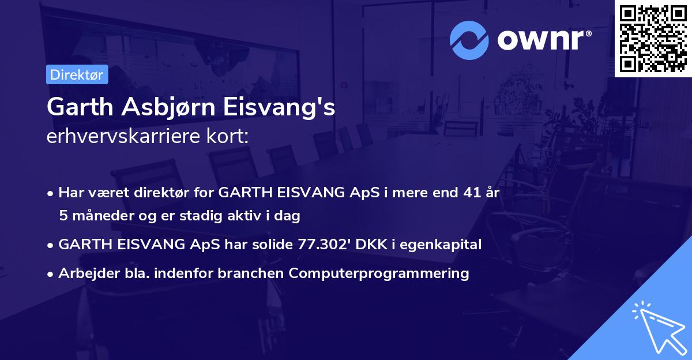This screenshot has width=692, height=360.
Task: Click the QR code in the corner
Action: coord(653,38)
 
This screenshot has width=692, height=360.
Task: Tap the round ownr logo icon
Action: coord(469,40)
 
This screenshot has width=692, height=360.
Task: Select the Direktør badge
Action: coord(77,74)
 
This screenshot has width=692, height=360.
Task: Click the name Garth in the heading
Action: coord(76,107)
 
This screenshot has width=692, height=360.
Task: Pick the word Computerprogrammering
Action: coord(379,273)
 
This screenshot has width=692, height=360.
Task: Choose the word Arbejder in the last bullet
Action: coord(84,273)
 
